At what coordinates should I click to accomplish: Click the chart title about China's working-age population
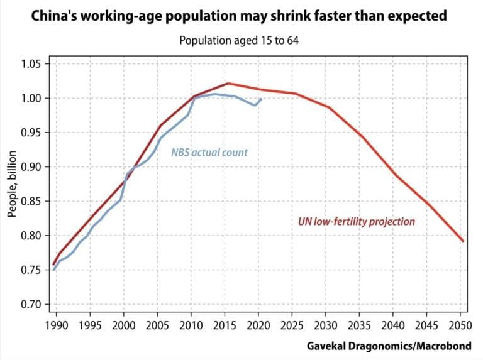[x=239, y=16]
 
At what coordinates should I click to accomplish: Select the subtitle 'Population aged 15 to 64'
[x=239, y=40]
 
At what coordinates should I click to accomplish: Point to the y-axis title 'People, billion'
[x=12, y=183]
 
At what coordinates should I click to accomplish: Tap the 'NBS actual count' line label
[x=209, y=152]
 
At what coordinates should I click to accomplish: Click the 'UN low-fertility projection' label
[x=357, y=222]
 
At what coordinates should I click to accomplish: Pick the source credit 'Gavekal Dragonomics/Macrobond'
[x=389, y=346]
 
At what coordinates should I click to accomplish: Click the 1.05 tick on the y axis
[x=30, y=64]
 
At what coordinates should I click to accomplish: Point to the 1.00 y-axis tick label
[x=30, y=99]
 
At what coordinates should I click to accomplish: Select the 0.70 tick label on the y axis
[x=30, y=304]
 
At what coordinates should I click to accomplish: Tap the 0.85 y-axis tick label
[x=30, y=202]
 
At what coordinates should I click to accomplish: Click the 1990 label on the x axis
[x=57, y=325]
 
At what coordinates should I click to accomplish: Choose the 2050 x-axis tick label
[x=460, y=325]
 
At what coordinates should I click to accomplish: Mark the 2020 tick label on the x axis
[x=258, y=325]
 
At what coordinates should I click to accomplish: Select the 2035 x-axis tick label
[x=359, y=325]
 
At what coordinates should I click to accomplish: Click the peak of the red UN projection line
[x=228, y=83]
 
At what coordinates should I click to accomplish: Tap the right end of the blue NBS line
[x=261, y=99]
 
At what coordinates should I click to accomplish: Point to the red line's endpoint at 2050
[x=463, y=241]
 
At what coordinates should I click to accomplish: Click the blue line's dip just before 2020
[x=255, y=106]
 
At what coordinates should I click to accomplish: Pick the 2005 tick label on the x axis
[x=157, y=325]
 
